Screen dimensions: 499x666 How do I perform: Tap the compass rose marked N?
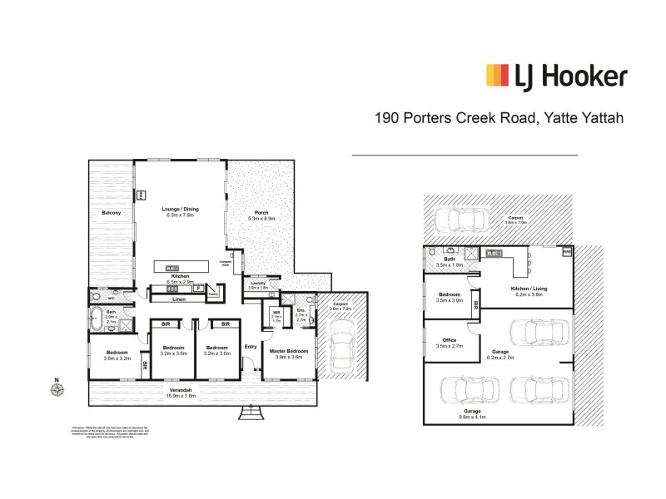pyautogui.click(x=57, y=388)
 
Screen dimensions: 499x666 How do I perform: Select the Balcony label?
pyautogui.click(x=112, y=214)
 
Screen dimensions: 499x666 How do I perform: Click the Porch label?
pyautogui.click(x=262, y=215)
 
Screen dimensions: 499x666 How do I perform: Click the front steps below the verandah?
pyautogui.click(x=250, y=410)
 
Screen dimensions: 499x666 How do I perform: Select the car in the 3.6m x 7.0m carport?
pyautogui.click(x=455, y=219)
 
